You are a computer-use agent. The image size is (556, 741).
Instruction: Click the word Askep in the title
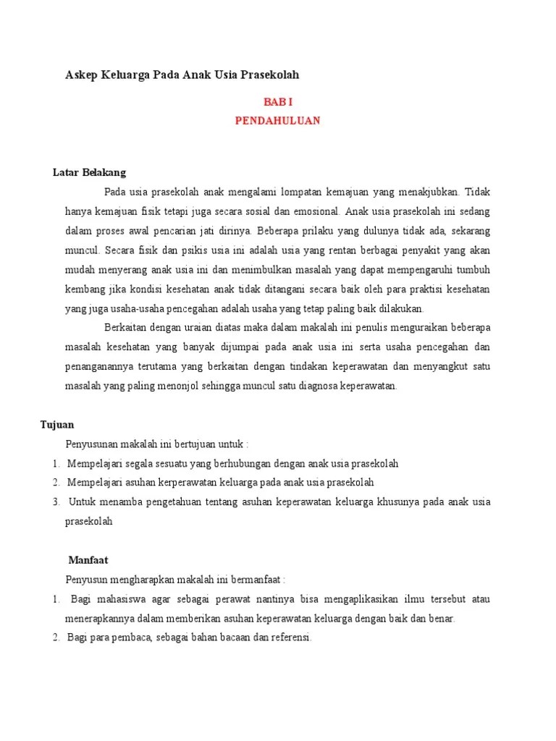point(81,75)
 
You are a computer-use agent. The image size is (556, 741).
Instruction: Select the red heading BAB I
point(277,103)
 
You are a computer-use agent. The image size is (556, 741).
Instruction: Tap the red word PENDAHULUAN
point(277,121)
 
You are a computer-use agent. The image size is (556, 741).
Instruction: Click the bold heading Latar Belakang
point(90,172)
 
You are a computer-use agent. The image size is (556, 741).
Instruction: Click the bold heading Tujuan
point(57,425)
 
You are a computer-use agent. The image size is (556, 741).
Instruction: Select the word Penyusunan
point(92,444)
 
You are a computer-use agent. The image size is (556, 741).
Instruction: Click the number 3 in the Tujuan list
point(55,501)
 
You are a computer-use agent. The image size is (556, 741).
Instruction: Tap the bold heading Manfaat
point(88,559)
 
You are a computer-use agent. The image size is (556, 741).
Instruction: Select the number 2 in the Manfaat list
point(55,638)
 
